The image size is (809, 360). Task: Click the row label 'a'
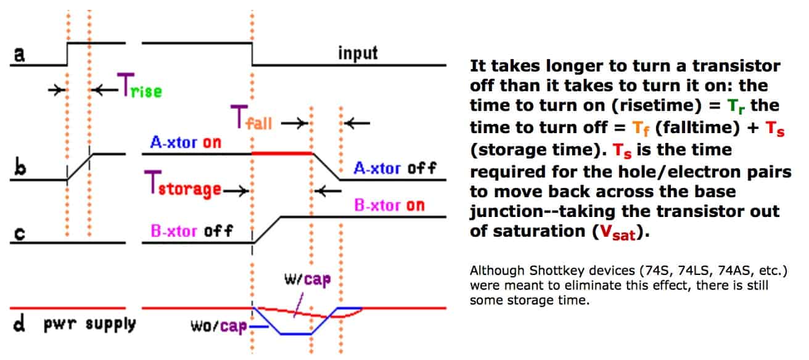[x=19, y=54]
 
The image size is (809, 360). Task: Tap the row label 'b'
[x=20, y=168]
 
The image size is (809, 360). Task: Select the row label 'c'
[x=20, y=233]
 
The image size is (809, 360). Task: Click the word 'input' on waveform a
[x=358, y=53]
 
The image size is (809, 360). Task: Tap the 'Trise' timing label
[x=140, y=86]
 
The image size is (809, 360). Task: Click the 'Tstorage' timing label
[x=183, y=184]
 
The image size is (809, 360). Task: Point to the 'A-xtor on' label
[x=186, y=142]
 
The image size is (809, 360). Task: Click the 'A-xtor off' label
[x=395, y=168]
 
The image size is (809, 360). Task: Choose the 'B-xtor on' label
[x=389, y=205]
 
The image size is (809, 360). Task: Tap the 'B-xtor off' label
[x=192, y=231]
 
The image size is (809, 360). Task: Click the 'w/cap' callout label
[x=308, y=279]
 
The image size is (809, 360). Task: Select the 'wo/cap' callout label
[x=219, y=326]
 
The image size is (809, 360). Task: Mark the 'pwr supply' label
[x=90, y=324]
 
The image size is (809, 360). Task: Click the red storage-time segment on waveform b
[x=282, y=153]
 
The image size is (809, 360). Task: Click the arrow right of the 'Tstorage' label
[x=236, y=190]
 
